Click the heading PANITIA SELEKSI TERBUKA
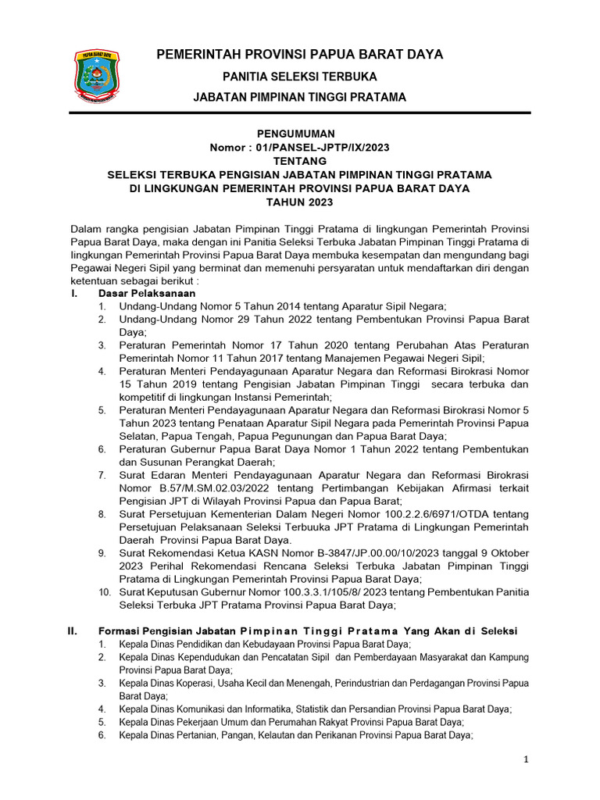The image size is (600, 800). [x=300, y=77]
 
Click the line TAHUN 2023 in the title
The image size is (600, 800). [x=300, y=202]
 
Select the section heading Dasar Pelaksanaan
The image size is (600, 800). [x=146, y=293]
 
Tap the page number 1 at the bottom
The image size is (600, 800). [x=527, y=759]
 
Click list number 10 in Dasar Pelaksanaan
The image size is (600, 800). [x=105, y=592]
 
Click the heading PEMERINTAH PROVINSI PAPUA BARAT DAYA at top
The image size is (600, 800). [x=300, y=54]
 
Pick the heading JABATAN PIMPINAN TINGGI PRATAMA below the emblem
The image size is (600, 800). [x=300, y=97]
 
